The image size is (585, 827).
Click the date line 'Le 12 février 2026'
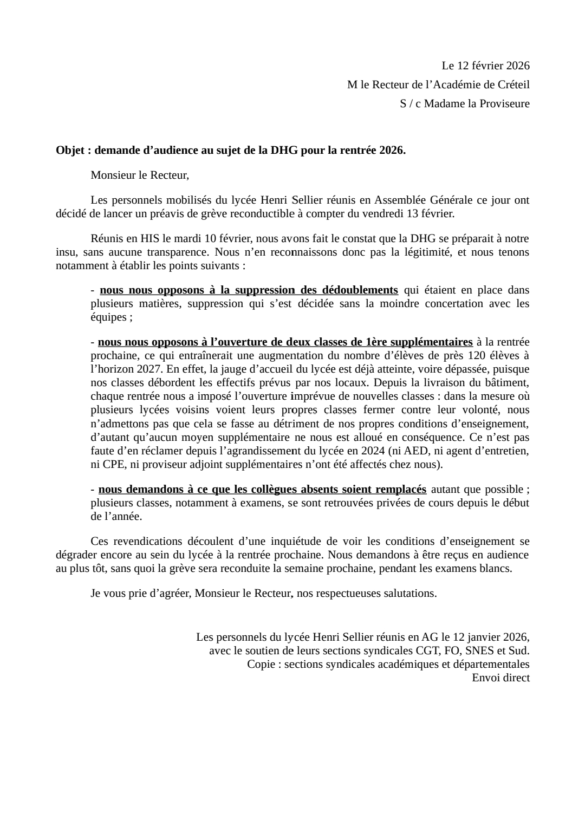point(485,66)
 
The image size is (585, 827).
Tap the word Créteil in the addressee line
point(511,84)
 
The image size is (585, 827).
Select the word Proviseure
point(504,103)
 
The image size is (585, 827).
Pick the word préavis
point(153,213)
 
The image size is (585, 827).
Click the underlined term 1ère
point(378,342)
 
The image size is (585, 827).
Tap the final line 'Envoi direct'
point(500,678)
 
